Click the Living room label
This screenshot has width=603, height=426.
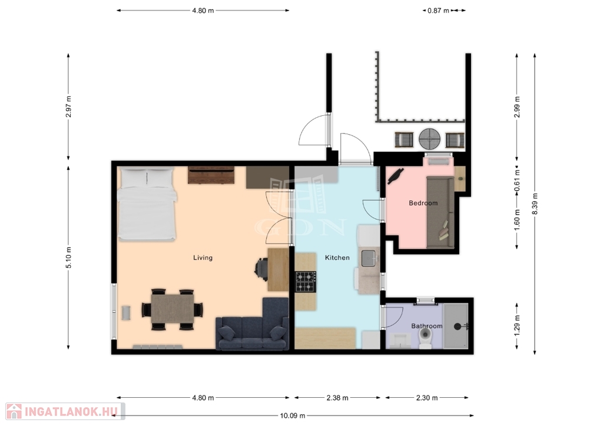(203, 258)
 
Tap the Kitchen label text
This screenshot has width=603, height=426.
(337, 258)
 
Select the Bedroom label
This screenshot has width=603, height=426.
(423, 203)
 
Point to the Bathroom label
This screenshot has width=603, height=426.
(426, 326)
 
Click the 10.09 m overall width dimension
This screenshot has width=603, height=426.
(292, 415)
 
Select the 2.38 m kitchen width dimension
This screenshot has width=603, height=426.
(337, 398)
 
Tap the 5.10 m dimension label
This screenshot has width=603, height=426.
(68, 258)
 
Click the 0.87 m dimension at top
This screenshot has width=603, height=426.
(438, 11)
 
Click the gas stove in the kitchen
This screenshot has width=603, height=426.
(306, 282)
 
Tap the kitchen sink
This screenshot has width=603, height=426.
(368, 258)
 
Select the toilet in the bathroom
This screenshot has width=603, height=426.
(425, 337)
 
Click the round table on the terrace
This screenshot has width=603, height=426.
(429, 139)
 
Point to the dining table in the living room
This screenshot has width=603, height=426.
(173, 309)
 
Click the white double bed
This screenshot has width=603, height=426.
(147, 204)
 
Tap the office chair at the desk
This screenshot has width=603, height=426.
(261, 269)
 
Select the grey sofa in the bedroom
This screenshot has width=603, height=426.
(440, 212)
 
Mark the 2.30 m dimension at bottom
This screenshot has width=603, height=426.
(426, 398)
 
